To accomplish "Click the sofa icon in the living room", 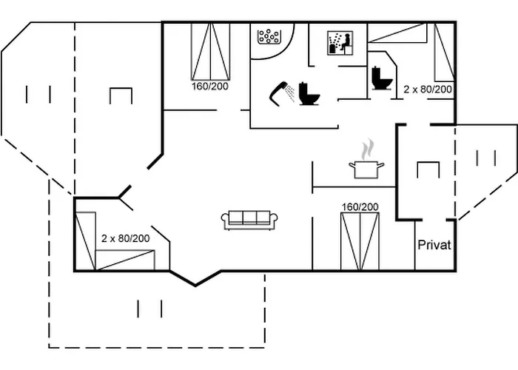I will [x=249, y=218].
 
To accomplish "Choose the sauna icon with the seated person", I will [x=338, y=42].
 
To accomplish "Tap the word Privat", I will [x=434, y=245].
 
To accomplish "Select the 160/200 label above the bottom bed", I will [x=360, y=206].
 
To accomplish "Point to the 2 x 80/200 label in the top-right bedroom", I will [x=428, y=89].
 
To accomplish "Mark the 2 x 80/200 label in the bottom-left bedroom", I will [x=125, y=238].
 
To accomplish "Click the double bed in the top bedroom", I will [x=209, y=50].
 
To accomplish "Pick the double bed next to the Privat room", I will [x=360, y=241].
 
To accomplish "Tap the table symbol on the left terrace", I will [x=121, y=95].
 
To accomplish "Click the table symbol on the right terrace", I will [x=428, y=169].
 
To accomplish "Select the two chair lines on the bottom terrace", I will [x=149, y=307].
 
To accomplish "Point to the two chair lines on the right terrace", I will [x=486, y=158].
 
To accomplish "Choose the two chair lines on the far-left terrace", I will [x=38, y=94].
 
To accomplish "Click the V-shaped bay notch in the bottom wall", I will [x=195, y=280].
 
